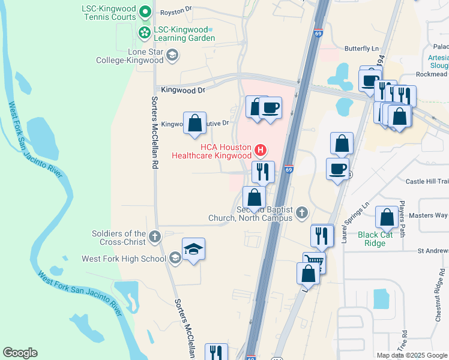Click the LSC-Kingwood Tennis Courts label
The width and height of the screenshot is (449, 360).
tap(108, 13)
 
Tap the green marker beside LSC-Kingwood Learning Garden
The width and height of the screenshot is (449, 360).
tap(145, 34)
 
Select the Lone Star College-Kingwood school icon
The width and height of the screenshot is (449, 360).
tap(172, 56)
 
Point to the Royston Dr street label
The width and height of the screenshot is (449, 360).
tap(175, 11)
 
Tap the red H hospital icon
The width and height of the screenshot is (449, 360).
tap(261, 149)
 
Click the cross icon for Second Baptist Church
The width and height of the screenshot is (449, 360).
tap(302, 212)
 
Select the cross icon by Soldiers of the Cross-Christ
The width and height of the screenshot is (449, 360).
tap(155, 236)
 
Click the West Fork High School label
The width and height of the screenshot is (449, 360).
tap(124, 259)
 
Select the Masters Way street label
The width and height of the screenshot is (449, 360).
tap(433, 215)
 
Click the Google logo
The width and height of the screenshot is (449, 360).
tap(20, 353)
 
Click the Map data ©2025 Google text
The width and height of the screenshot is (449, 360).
tap(412, 355)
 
